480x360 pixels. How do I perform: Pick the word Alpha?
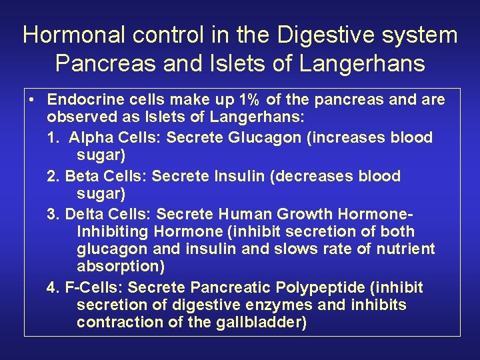(x=90, y=138)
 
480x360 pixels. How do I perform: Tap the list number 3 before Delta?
(x=53, y=214)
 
